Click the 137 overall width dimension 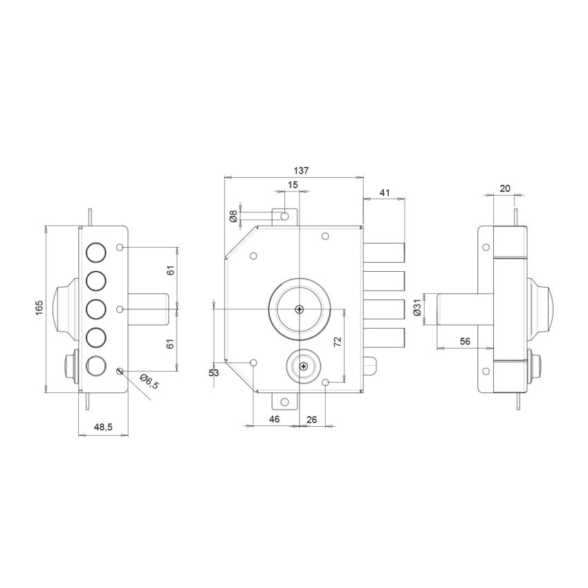301,169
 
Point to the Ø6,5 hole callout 149,381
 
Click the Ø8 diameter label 233,217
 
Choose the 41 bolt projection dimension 386,194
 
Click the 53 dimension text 214,374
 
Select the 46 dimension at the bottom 274,419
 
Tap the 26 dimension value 311,419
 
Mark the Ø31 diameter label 416,309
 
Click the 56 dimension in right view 465,341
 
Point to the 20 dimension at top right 504,189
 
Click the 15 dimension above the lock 293,185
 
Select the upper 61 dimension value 171,270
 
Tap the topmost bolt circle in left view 95,252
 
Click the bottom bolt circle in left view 95,365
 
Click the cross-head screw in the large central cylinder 298,309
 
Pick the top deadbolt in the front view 384,252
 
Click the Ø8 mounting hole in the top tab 285,217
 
